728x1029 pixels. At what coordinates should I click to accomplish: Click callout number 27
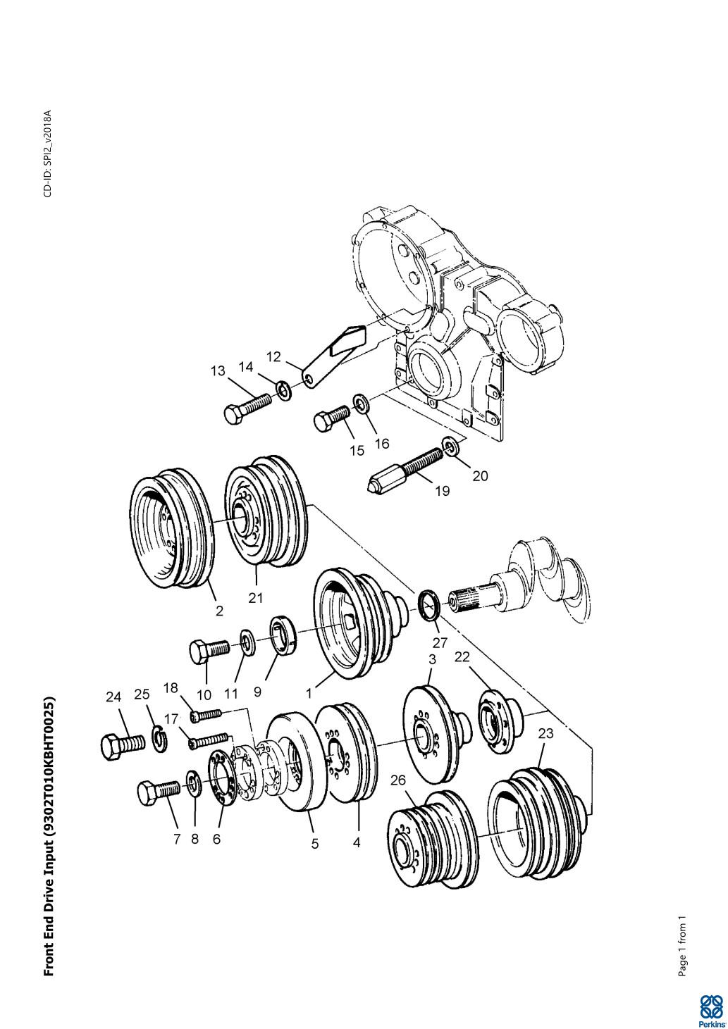[440, 642]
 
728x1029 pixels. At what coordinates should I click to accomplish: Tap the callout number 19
[442, 491]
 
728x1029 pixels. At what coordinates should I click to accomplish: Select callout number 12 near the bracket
[273, 356]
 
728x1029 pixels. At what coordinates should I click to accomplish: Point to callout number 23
[545, 734]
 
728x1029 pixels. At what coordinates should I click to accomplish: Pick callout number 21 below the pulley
[256, 598]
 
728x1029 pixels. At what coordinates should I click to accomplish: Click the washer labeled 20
[450, 446]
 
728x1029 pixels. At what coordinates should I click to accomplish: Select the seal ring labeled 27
[430, 606]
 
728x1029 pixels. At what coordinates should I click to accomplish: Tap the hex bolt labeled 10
[209, 649]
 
